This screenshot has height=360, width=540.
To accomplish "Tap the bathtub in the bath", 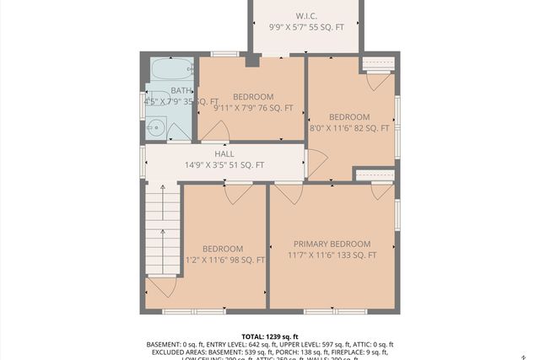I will click(x=171, y=69).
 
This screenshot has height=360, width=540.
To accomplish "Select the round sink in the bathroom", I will click(x=155, y=128).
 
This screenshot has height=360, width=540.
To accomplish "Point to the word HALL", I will click(x=224, y=154).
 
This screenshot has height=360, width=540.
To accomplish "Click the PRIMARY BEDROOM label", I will click(x=332, y=244).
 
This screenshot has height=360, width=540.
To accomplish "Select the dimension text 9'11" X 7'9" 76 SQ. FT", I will click(x=253, y=108).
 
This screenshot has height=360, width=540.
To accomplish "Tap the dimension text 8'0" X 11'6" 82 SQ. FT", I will click(x=349, y=128).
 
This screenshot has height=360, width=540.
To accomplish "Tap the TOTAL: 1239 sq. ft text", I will click(x=270, y=336).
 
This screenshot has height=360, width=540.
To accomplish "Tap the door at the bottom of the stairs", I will click(x=162, y=286).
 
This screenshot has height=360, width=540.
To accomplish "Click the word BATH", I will click(x=181, y=90).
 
